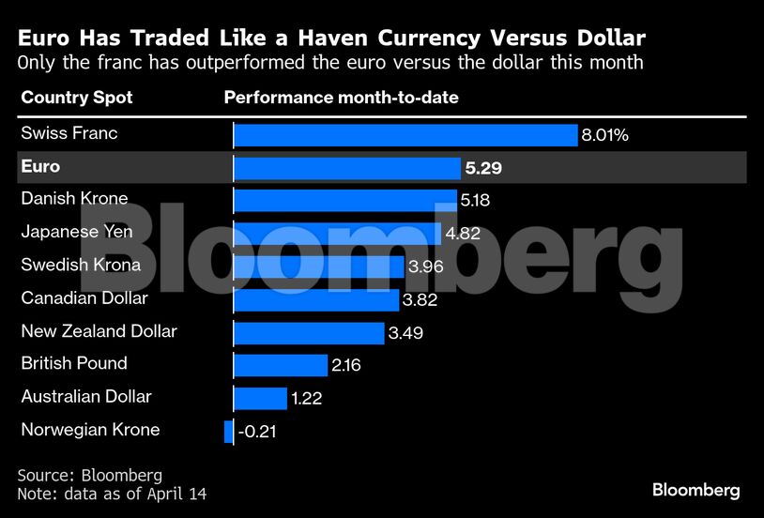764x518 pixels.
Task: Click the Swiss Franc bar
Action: [405, 135]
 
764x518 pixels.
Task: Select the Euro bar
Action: [346, 168]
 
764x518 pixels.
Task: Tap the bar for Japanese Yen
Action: [336, 234]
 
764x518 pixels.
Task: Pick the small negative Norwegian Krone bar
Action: [228, 431]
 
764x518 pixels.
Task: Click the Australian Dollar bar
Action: [260, 398]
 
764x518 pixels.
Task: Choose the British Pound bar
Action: [280, 365]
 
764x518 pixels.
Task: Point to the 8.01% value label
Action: [604, 135]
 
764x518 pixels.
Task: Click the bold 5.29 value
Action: [482, 168]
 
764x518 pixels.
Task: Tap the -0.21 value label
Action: [256, 432]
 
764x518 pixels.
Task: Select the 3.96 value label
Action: [425, 267]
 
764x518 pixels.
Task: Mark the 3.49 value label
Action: [405, 333]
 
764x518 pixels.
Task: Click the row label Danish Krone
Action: [74, 199]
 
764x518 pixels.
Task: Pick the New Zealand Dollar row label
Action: [99, 330]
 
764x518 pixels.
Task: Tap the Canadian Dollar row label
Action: [84, 297]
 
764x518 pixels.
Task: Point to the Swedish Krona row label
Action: [81, 265]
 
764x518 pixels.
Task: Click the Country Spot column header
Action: [77, 98]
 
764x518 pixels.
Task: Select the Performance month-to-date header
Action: [341, 98]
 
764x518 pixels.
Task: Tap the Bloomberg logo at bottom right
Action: [695, 490]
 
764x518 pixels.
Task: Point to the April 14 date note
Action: [177, 494]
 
